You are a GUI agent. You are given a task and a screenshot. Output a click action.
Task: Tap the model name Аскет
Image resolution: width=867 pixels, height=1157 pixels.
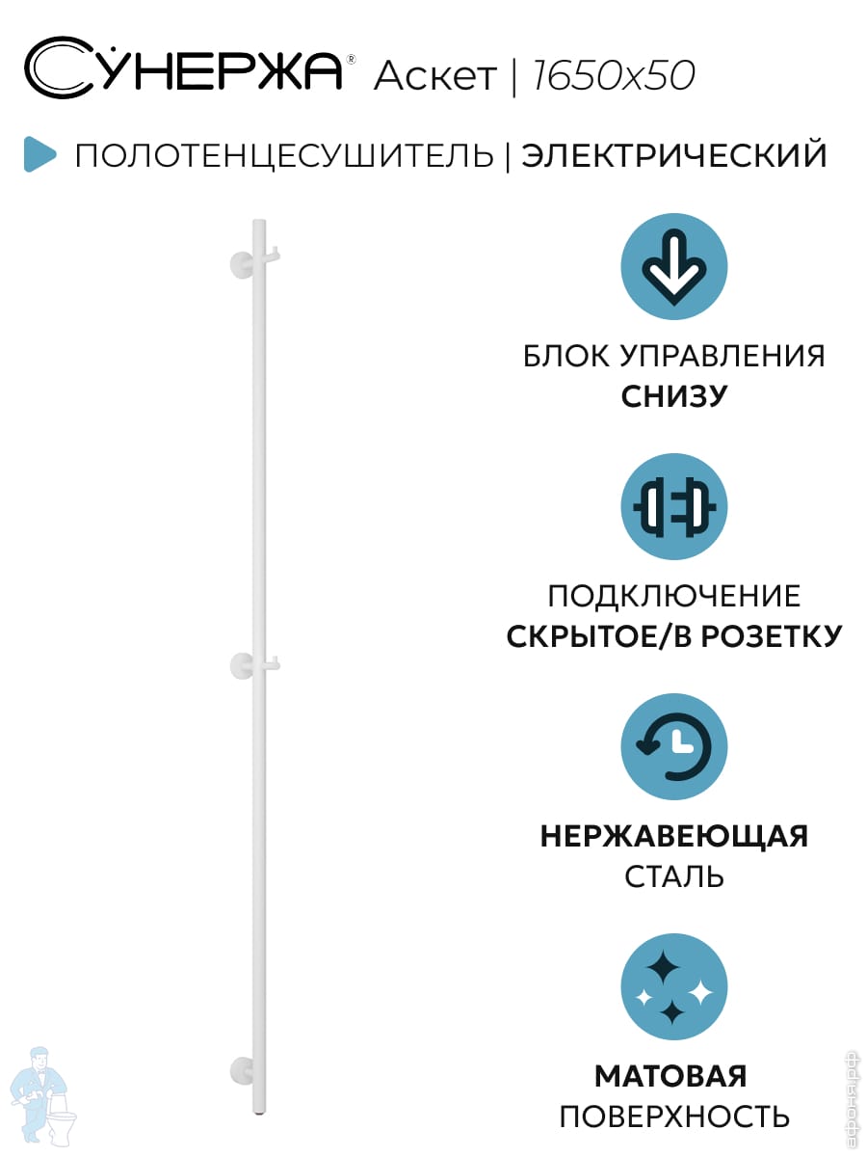click(x=434, y=75)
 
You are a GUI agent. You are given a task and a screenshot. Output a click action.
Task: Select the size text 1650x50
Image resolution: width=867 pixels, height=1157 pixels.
click(x=613, y=75)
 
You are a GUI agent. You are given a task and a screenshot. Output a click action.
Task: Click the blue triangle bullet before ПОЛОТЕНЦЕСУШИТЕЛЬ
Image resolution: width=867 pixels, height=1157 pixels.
click(x=39, y=154)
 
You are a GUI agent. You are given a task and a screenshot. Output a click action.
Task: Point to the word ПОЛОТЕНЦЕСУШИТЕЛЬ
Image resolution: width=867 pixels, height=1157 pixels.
click(x=284, y=155)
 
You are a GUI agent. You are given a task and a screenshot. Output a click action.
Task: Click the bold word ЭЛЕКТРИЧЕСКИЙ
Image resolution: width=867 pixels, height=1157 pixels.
click(x=674, y=155)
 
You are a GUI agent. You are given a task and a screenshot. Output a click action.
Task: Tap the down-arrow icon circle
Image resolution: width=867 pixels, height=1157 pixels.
click(x=673, y=267)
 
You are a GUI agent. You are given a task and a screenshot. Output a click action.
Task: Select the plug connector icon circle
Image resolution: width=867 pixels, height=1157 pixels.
click(x=673, y=507)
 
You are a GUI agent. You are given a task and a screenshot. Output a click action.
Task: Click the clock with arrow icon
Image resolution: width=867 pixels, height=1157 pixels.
click(x=673, y=747)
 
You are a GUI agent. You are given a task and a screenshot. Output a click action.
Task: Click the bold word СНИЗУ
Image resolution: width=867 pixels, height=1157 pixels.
click(x=673, y=396)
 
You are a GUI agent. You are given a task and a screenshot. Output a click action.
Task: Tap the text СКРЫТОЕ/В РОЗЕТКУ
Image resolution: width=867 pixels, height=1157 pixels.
click(x=673, y=636)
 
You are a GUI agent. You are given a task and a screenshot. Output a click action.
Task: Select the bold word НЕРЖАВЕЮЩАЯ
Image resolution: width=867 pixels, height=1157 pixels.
click(x=673, y=836)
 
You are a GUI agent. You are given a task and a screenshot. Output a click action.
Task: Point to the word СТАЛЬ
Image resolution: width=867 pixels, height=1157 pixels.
click(x=673, y=877)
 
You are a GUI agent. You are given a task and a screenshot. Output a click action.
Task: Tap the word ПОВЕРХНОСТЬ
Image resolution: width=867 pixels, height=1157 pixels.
click(x=673, y=1117)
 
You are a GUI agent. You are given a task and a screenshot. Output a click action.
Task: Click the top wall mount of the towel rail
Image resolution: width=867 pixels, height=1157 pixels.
click(x=241, y=262)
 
